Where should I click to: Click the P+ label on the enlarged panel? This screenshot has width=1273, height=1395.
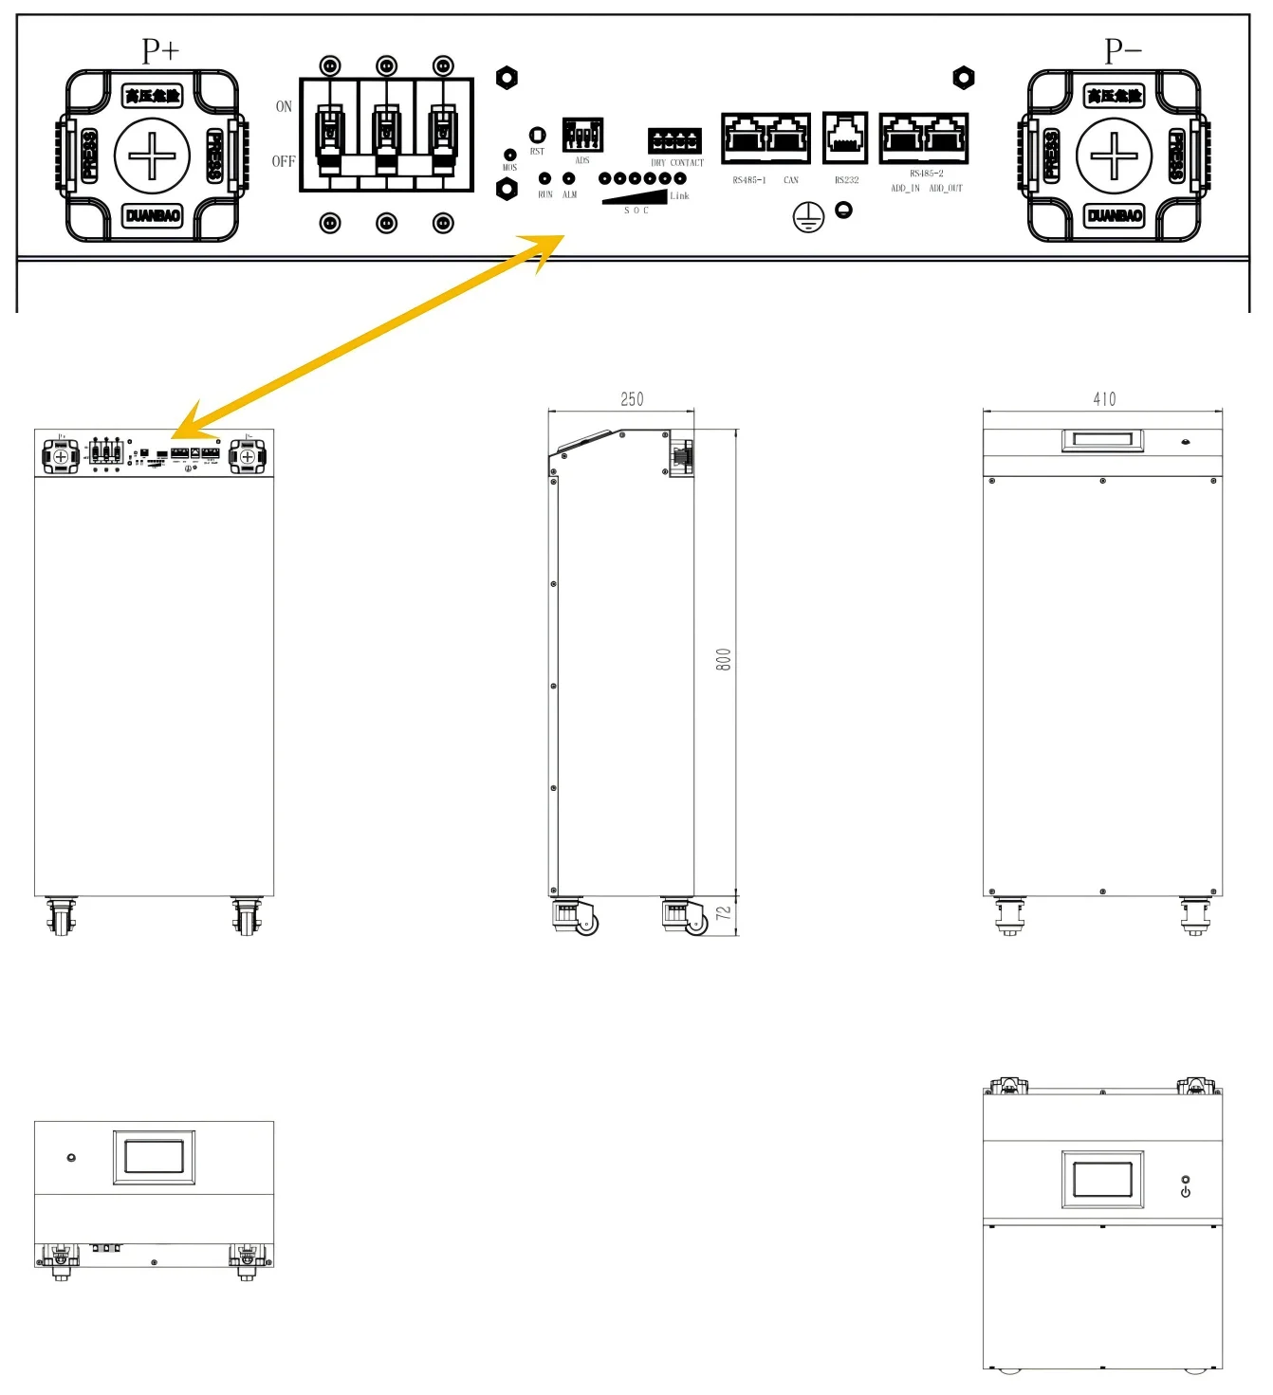click(x=160, y=50)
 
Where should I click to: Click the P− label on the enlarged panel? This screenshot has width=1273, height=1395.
click(x=1122, y=50)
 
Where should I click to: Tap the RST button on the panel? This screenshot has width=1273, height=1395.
click(x=537, y=136)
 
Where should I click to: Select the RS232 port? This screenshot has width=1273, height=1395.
click(x=845, y=138)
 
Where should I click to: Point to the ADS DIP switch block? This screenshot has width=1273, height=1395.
click(x=582, y=135)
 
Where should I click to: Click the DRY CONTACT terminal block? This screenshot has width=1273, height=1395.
click(x=674, y=140)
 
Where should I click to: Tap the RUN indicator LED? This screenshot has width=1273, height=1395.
click(x=545, y=178)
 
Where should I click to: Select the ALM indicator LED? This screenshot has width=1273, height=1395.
click(x=569, y=178)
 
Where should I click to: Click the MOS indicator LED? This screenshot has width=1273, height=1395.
click(x=509, y=155)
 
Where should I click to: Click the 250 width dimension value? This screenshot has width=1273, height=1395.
click(x=632, y=399)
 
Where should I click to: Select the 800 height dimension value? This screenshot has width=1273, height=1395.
click(x=724, y=660)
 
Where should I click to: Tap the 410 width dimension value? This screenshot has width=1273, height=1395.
click(x=1104, y=399)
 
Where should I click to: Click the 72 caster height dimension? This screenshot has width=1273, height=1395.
click(x=724, y=913)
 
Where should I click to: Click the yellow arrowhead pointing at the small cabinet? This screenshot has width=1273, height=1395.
click(x=190, y=423)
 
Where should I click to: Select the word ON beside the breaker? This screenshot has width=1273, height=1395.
click(x=284, y=106)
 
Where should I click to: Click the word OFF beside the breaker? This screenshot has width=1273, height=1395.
click(x=283, y=161)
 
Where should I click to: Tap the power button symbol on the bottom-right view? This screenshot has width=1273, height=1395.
click(x=1185, y=1192)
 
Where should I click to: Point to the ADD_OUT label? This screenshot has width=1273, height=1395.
click(x=945, y=189)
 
